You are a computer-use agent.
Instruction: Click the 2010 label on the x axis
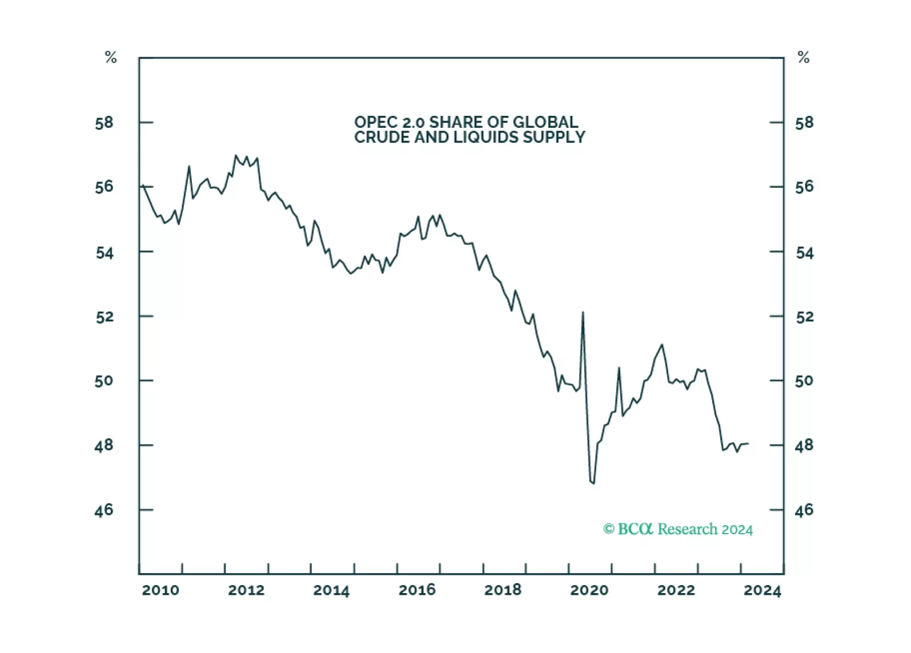(160, 590)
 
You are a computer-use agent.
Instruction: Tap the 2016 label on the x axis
(417, 590)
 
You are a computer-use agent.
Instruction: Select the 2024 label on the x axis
(762, 590)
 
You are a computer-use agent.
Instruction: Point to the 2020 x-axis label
(589, 590)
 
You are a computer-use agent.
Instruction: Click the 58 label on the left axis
(105, 123)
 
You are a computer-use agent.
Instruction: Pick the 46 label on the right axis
(804, 510)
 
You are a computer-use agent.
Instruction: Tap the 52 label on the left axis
(105, 317)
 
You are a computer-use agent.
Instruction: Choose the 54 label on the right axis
(804, 252)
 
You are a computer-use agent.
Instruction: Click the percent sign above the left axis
(111, 58)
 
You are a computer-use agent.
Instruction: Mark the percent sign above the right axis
(804, 58)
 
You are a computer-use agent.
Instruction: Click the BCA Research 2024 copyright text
(678, 529)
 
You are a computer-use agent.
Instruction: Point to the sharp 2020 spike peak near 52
(583, 312)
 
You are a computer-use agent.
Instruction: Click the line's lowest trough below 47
(593, 483)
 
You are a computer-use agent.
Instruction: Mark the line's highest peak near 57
(235, 155)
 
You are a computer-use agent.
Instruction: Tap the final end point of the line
(748, 444)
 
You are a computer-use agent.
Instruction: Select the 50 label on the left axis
(105, 381)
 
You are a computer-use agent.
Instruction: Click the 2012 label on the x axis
(246, 590)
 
